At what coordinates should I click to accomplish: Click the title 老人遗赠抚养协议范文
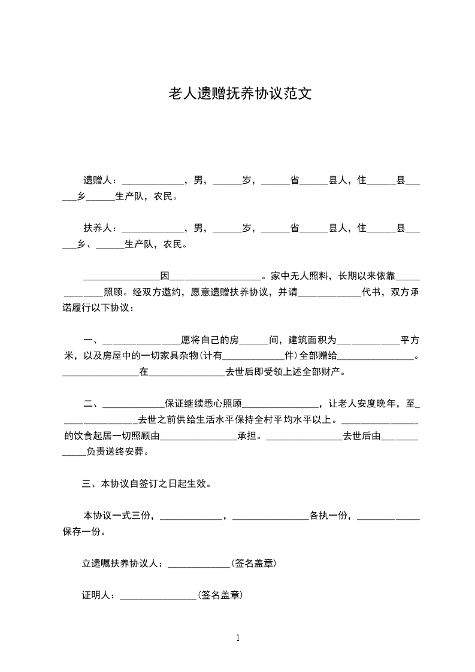point(237,94)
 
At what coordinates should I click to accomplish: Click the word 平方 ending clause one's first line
point(410,340)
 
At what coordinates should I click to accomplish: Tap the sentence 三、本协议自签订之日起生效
point(146,483)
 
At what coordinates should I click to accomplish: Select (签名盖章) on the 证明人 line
point(221,596)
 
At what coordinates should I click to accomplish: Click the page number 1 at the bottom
point(238,637)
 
